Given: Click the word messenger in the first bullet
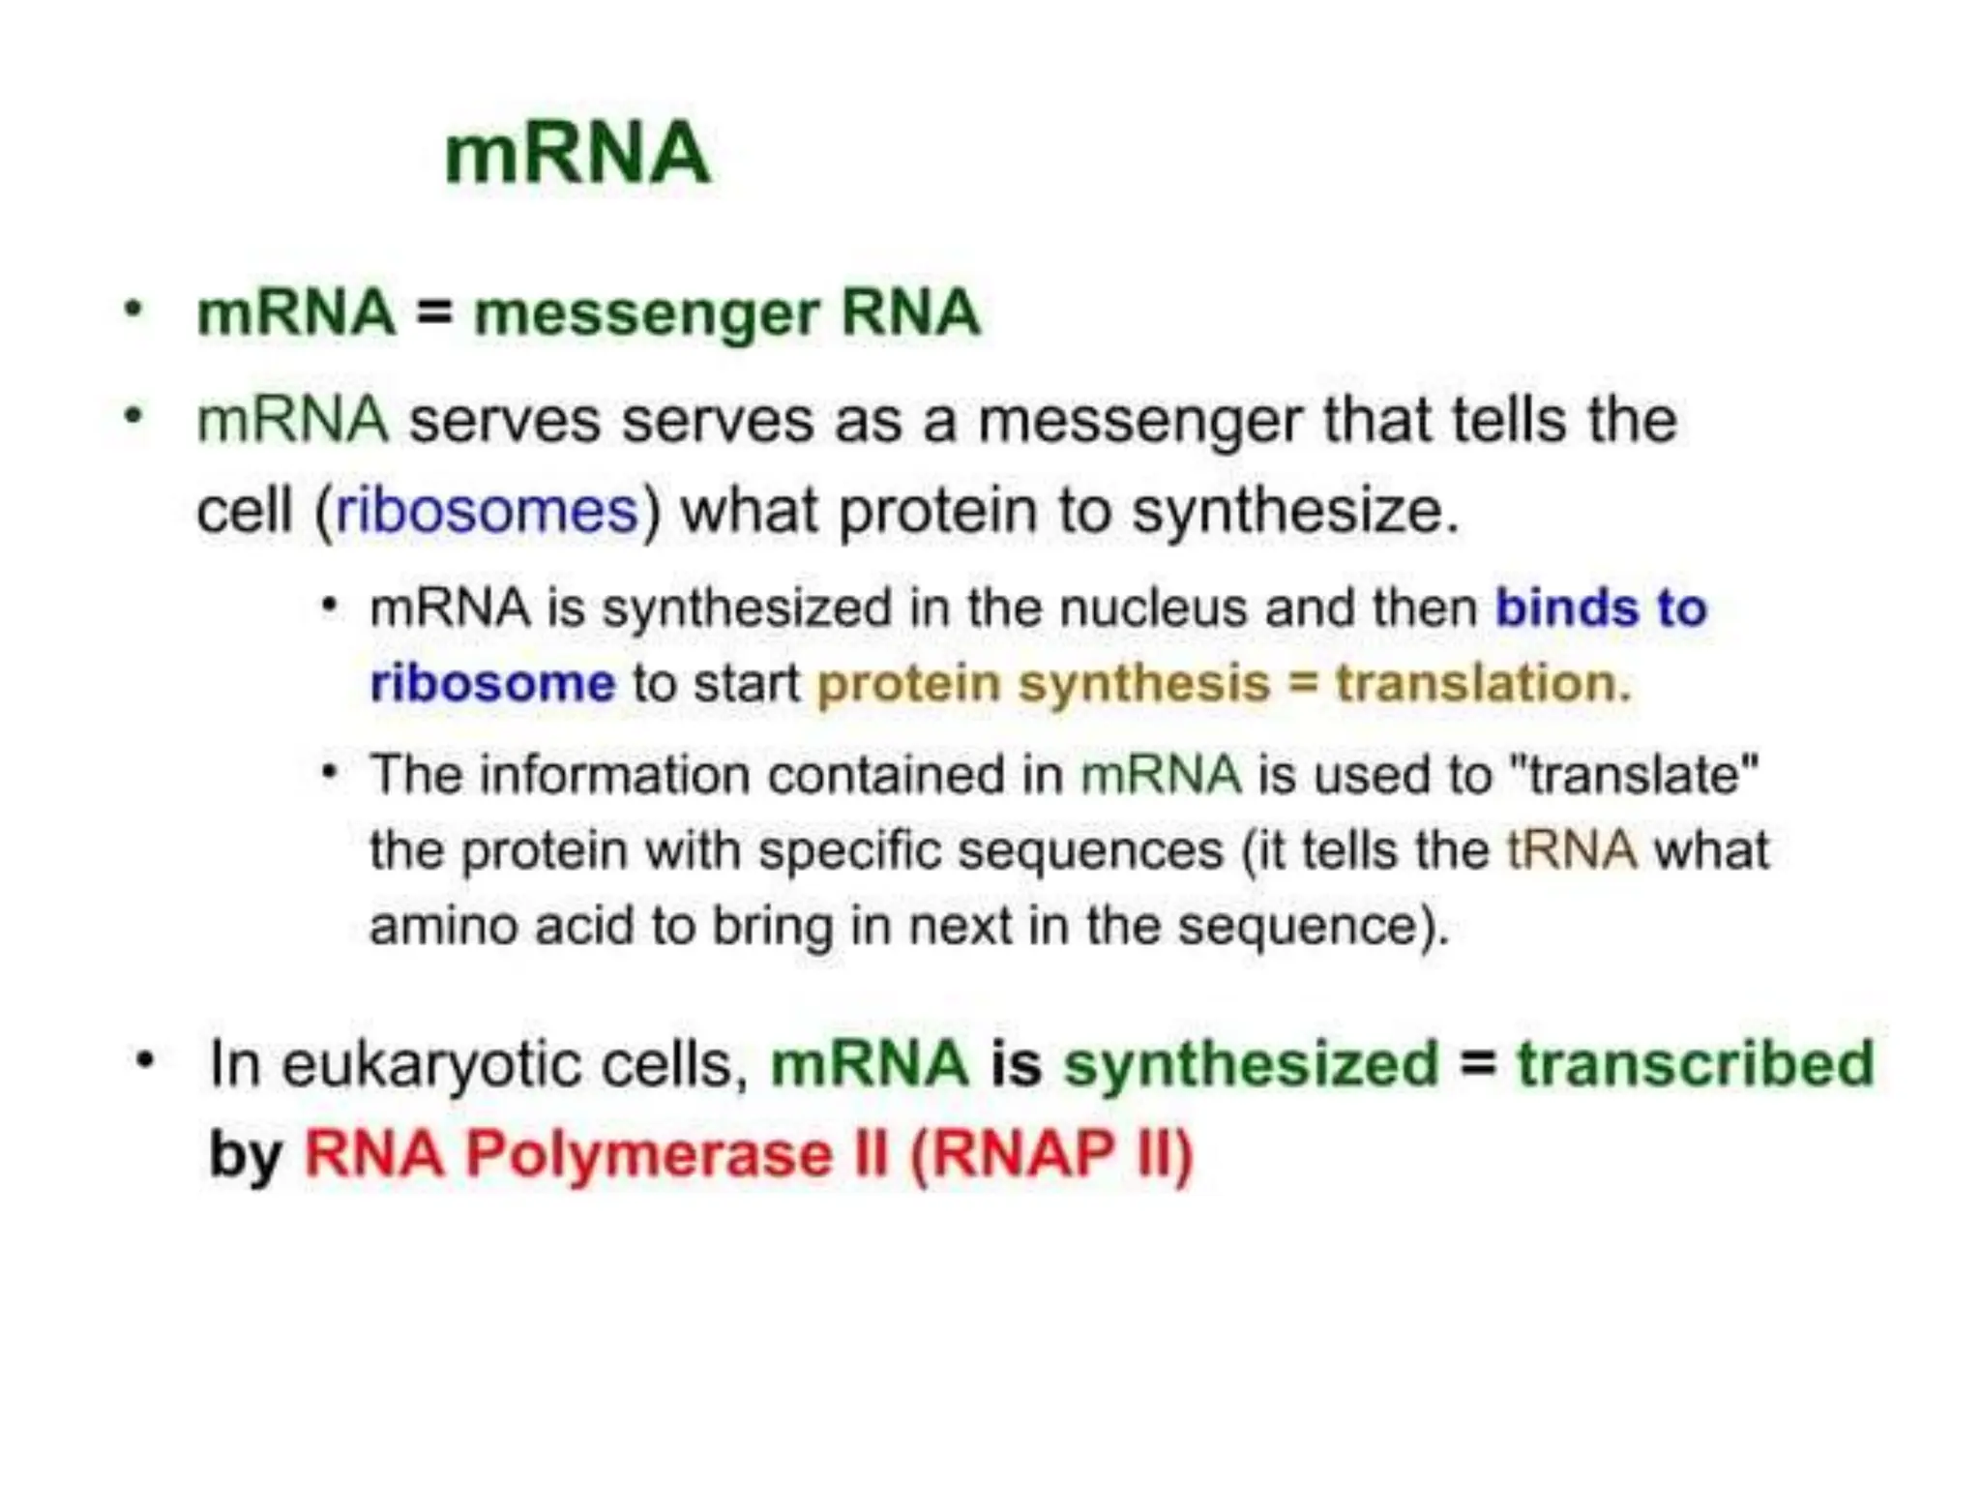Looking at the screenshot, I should point(646,314).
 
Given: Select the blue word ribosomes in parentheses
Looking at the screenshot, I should point(487,510).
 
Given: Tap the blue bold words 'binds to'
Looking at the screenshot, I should point(1601,609).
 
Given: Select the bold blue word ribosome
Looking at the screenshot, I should point(492,683).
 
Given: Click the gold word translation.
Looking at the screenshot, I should point(1483,683).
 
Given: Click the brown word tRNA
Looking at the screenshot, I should point(1571,850).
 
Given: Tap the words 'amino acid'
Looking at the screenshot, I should point(500,926).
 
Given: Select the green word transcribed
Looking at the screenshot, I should point(1695,1063).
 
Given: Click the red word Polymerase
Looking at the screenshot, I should point(648,1154).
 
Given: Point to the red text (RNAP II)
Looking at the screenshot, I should point(1051,1154).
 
